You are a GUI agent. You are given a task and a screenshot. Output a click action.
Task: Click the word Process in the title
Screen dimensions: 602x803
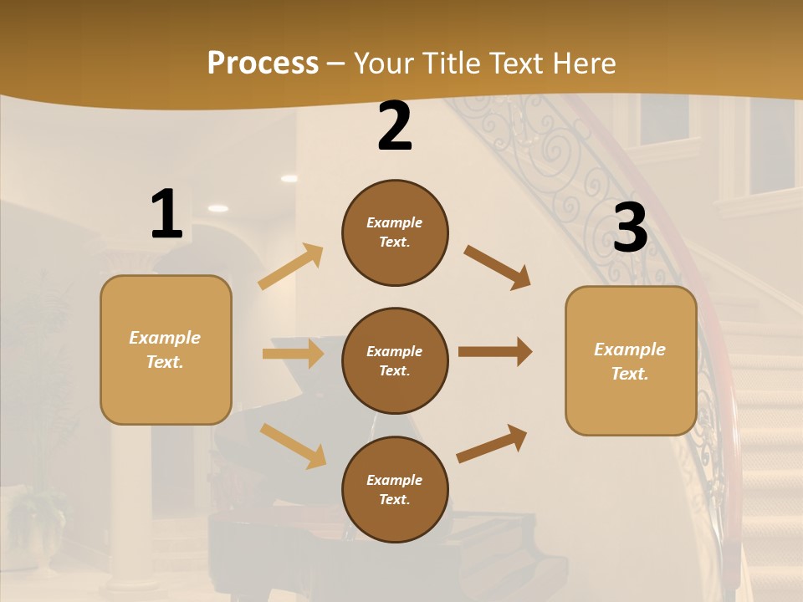(263, 64)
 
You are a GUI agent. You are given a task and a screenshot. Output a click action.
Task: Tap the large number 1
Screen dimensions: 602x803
(166, 214)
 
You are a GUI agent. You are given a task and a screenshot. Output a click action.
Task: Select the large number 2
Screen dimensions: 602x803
(395, 126)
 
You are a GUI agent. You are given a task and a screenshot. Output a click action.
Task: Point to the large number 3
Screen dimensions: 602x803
(630, 227)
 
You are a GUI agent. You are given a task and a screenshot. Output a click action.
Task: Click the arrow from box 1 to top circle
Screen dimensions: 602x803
(291, 267)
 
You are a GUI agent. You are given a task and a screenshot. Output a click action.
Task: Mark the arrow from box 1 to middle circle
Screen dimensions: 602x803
(293, 354)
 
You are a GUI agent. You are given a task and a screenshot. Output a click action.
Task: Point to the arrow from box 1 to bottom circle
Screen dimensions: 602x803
(293, 445)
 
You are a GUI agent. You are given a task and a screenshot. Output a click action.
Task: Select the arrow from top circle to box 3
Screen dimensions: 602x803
(497, 267)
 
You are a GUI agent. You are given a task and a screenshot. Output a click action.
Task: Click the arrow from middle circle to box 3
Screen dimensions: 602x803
(495, 352)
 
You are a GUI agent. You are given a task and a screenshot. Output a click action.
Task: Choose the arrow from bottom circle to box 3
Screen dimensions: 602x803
(492, 444)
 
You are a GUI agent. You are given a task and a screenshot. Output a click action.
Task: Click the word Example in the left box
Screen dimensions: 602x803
(165, 338)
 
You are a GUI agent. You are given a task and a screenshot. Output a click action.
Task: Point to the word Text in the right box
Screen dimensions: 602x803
(629, 374)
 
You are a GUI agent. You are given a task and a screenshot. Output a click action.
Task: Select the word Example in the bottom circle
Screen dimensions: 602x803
(394, 480)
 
